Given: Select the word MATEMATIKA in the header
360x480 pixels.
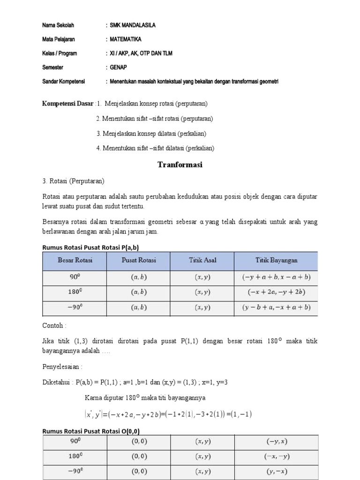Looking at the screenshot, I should coord(126,39).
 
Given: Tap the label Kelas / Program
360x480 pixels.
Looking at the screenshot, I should coord(60,53).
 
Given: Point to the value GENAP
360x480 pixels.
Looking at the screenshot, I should coord(119,67).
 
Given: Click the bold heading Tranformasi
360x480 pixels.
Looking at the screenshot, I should coord(180,165).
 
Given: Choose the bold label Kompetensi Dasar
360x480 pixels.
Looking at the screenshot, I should coord(68,103).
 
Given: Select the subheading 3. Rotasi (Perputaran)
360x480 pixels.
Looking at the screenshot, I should coord(73,181).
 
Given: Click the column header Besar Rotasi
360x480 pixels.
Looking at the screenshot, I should coord(75,260).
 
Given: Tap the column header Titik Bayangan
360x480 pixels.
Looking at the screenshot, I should coord(276,260).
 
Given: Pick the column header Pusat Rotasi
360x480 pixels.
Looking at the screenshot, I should coord(138,260).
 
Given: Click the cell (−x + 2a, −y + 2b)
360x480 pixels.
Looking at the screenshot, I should coord(276,292).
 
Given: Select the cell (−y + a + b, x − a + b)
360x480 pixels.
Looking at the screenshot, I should coord(276,277).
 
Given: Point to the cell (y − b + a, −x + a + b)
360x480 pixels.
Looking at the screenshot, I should coord(276,308).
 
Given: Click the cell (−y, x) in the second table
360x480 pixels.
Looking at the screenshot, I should coord(277,442).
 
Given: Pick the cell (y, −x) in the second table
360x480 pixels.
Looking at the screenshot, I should coord(277,472).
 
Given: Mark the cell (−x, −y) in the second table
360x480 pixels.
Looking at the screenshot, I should coord(277,457).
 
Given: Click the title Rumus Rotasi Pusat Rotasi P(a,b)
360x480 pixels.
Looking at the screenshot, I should coord(90,247).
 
